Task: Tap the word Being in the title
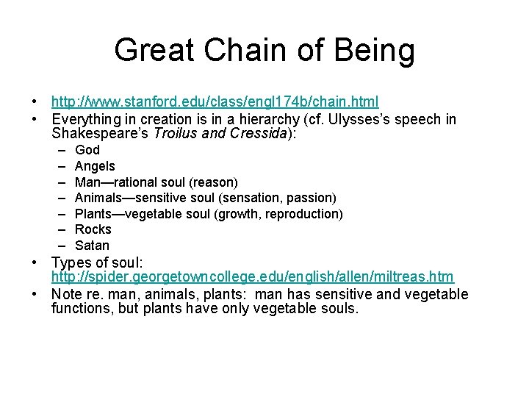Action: (x=375, y=51)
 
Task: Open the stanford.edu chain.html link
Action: (x=215, y=101)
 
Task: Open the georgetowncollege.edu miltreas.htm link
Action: (x=252, y=276)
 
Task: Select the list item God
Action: (x=87, y=150)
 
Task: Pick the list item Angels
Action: (x=95, y=166)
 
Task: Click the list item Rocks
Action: (x=93, y=229)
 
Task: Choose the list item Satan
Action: (x=93, y=246)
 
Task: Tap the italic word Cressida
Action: (x=267, y=135)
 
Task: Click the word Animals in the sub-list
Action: (x=98, y=198)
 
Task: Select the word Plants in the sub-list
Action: (x=94, y=214)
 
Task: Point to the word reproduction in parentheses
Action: (x=303, y=214)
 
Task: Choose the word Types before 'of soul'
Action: (x=71, y=262)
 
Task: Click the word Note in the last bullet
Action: (x=67, y=294)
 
